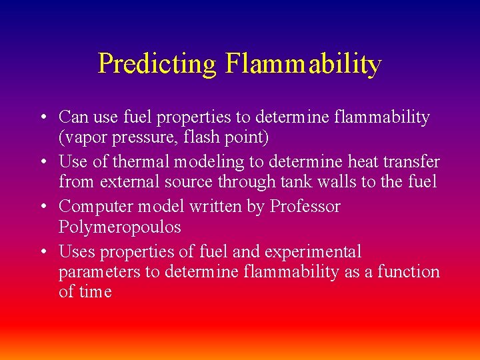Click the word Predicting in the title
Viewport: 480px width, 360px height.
[x=157, y=64]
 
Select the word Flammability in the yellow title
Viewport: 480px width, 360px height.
[x=303, y=64]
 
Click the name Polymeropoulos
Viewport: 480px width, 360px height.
[x=120, y=227]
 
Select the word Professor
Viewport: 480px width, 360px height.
[x=305, y=207]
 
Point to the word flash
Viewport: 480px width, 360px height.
[x=189, y=137]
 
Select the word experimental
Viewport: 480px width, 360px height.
[x=313, y=252]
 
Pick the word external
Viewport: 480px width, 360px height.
[x=128, y=182]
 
